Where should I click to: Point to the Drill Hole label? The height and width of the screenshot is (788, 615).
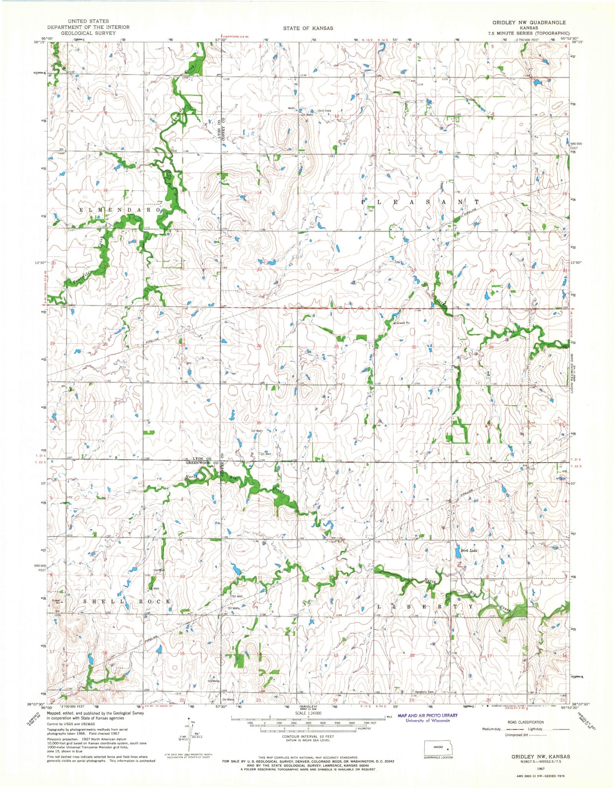click(324, 111)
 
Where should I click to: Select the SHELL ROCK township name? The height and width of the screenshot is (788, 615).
click(125, 601)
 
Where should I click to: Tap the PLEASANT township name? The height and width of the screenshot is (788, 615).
click(421, 202)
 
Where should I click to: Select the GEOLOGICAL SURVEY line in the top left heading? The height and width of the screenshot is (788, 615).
click(81, 33)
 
